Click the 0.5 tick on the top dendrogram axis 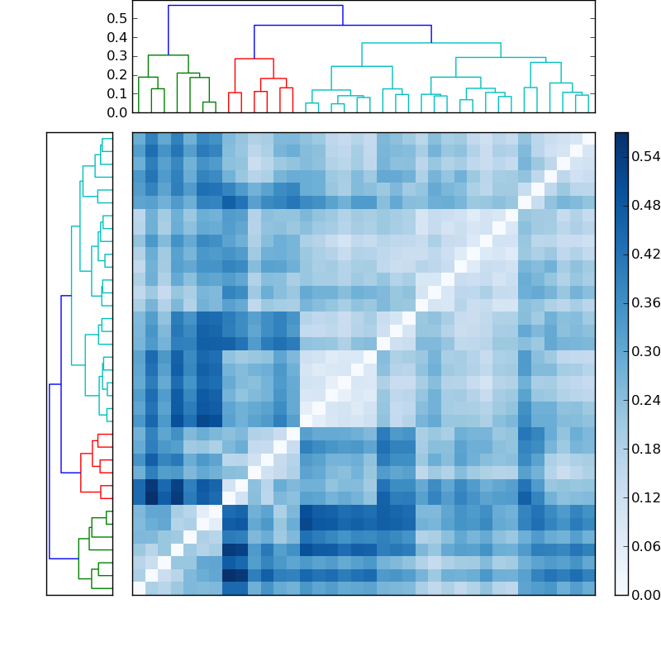pos(117,18)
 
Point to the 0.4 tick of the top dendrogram pos(117,37)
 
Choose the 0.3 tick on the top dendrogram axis pos(117,56)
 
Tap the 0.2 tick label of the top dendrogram pos(117,75)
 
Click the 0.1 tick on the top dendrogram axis pos(117,93)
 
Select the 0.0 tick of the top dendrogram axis pos(117,112)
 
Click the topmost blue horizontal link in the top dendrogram pos(255,6)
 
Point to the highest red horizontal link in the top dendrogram pos(254,59)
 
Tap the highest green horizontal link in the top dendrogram pos(168,55)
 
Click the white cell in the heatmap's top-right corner pos(588,138)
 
